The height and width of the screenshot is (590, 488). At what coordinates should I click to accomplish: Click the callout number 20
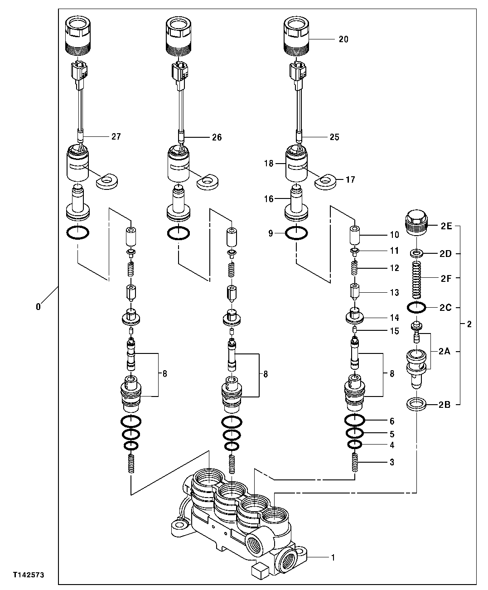[x=343, y=39]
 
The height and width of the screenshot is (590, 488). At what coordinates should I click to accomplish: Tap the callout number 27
[x=116, y=136]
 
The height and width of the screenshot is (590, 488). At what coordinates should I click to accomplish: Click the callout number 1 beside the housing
[x=333, y=557]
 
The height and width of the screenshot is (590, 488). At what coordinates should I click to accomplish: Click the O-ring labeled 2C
[x=416, y=307]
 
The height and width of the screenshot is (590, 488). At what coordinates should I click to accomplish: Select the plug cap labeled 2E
[x=416, y=223]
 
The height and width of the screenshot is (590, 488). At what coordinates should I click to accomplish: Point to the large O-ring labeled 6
[x=355, y=421]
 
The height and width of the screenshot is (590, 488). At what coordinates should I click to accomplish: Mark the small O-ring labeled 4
[x=355, y=445]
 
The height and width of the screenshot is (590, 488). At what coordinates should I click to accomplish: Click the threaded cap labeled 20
[x=296, y=34]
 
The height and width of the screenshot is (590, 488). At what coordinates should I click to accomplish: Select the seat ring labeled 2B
[x=416, y=404]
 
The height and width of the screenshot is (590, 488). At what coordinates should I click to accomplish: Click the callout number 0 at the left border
[x=38, y=307]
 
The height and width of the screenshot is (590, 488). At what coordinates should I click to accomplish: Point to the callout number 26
[x=217, y=137]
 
